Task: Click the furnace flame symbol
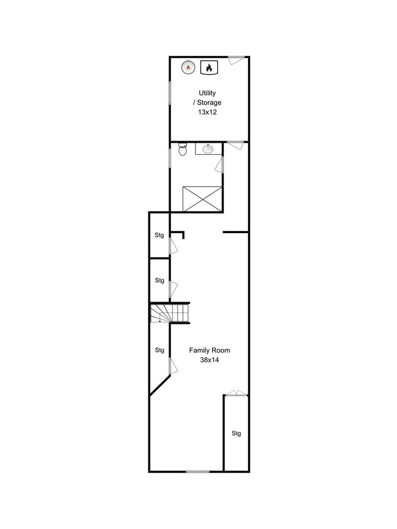[209, 68]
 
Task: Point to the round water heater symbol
[189, 67]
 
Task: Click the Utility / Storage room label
[207, 97]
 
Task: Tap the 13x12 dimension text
[207, 112]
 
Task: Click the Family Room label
[209, 350]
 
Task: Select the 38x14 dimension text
[209, 360]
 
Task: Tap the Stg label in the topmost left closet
[159, 235]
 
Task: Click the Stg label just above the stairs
[159, 281]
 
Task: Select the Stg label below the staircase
[159, 350]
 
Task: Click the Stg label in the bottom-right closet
[236, 433]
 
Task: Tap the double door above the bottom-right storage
[236, 393]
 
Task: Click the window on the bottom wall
[198, 472]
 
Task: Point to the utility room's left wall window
[170, 93]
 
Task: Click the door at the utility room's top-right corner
[236, 60]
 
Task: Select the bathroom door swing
[220, 165]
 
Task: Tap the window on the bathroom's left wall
[170, 158]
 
